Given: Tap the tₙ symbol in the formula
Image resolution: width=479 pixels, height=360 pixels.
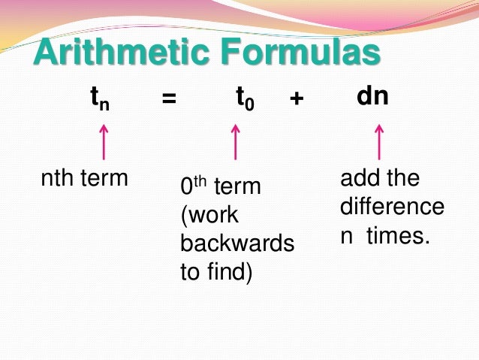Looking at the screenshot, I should coord(99,98).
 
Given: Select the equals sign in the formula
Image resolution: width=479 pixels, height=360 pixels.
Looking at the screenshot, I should coord(169,99).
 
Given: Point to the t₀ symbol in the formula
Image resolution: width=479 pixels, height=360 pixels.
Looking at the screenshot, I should coord(245,98).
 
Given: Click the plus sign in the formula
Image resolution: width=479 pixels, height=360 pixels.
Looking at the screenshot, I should coord(296,99).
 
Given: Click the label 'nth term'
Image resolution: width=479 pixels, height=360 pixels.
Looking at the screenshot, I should coord(84,179).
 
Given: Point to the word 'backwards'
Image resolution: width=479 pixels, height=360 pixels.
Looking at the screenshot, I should coord(237,244).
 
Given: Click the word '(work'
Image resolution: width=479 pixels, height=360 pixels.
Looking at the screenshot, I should coord(209,216).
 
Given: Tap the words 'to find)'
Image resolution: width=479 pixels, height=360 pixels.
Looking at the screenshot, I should coord(217,271).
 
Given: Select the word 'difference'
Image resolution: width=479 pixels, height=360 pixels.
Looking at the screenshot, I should coord(392,207).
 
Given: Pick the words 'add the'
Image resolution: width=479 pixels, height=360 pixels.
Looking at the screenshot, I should coord(380,179).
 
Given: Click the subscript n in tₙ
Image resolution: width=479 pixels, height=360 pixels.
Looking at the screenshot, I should coord(104,104).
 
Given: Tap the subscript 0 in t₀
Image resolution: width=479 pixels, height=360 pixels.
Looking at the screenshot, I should coord(250,104).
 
